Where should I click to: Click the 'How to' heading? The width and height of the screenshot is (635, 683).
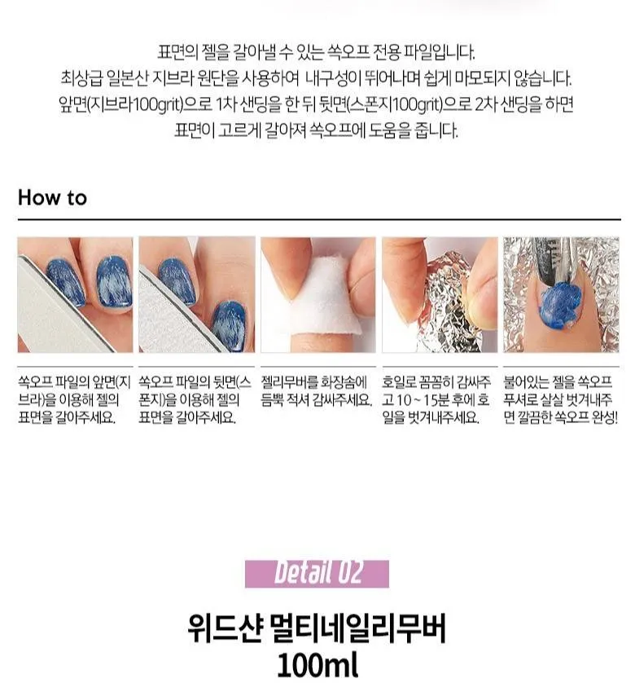[x=52, y=198]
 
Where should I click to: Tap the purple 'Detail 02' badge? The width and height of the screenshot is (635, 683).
[x=317, y=573]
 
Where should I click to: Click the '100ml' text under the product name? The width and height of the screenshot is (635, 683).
[x=317, y=665]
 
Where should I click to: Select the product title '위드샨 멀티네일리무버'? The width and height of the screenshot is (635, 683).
[x=317, y=629]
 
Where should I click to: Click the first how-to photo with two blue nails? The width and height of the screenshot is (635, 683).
[x=75, y=294]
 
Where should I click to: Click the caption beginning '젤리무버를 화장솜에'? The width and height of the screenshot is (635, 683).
[x=317, y=391]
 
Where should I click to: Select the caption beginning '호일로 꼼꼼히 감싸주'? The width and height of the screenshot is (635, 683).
[x=437, y=399]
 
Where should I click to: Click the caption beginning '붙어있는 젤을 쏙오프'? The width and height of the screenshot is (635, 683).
[x=561, y=399]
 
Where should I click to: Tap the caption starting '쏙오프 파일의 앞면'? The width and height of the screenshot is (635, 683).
[x=75, y=399]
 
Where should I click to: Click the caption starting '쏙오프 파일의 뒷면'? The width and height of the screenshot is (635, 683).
[x=195, y=399]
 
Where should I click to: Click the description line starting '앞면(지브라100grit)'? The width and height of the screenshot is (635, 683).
[x=317, y=104]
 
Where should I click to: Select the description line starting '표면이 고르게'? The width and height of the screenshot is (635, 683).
[x=317, y=130]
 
